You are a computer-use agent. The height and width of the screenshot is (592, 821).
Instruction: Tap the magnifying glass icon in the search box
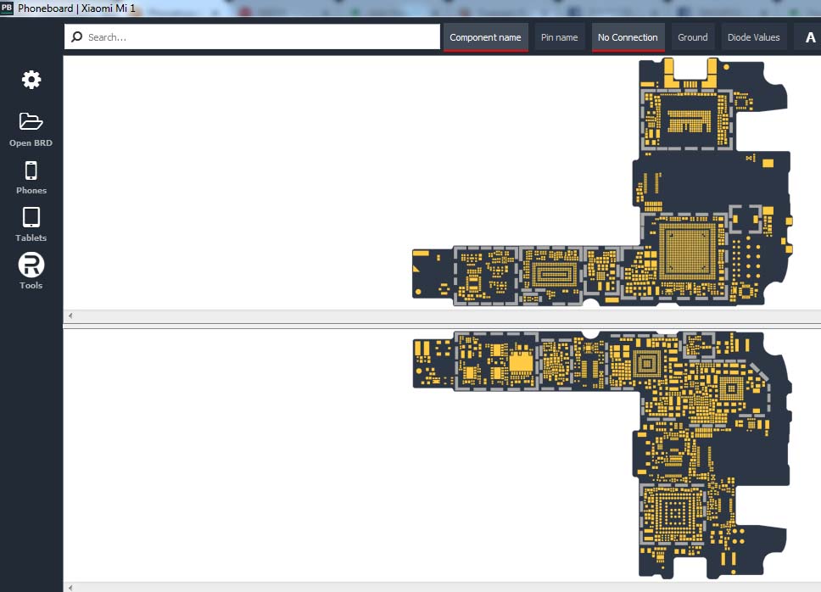pos(77,36)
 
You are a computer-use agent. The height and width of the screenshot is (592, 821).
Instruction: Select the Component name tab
pos(485,37)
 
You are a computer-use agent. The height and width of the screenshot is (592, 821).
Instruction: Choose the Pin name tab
pos(559,37)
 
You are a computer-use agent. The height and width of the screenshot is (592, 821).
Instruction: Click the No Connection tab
pos(628,37)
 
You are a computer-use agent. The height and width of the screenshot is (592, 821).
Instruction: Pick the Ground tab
pos(693,37)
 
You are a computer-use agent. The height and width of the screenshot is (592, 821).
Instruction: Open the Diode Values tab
pos(753,37)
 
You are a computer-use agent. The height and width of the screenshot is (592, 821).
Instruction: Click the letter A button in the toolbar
pos(810,37)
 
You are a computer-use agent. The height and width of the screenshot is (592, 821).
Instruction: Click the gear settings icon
pos(31,80)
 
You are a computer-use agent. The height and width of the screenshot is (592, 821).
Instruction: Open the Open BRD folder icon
pos(31,121)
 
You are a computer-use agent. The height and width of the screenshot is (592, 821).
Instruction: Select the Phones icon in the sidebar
pos(31,170)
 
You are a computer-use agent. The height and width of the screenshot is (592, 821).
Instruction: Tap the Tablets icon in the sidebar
pos(31,217)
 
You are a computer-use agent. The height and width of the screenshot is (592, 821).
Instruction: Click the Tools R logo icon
pos(31,265)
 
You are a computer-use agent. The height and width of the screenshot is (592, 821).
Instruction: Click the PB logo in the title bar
pos(7,8)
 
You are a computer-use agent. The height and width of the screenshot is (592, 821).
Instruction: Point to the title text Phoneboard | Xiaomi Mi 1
pos(76,8)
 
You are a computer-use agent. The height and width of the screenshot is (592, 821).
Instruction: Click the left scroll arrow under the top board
pos(70,316)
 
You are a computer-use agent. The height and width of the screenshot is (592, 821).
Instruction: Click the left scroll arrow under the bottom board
pos(70,587)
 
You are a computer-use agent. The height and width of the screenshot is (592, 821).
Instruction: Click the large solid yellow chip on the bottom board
pos(521,362)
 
